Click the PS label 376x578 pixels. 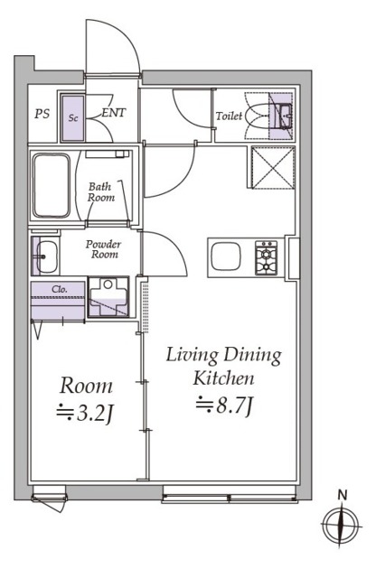tap(42, 114)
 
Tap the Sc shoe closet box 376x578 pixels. tap(72, 118)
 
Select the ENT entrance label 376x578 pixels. tap(113, 113)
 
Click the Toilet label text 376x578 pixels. tap(230, 117)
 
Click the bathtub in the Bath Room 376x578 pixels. tap(52, 185)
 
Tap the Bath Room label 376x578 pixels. tap(101, 192)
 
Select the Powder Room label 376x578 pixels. tap(104, 249)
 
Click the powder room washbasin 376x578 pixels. tap(46, 256)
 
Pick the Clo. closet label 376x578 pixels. tap(60, 289)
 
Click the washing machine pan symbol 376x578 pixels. tap(108, 297)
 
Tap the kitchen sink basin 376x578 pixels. tap(226, 256)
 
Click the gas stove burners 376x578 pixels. tap(266, 258)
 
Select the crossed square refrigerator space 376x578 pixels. tap(273, 167)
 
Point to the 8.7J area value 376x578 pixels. tap(224, 405)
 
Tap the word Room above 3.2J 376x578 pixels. tap(86, 386)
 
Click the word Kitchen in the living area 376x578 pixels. tap(224, 378)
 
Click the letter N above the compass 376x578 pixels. tap(343, 495)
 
